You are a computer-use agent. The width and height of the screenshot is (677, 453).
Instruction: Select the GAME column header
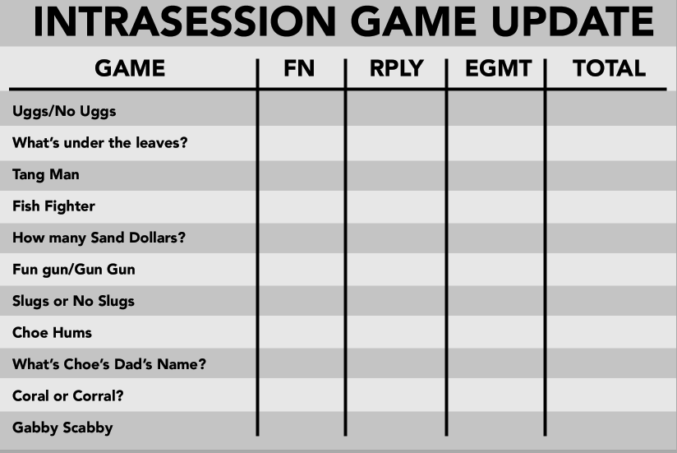[x=130, y=68]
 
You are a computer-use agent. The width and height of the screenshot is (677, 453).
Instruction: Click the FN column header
[x=299, y=68]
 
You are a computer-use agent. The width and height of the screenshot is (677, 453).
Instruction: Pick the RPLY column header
[x=396, y=68]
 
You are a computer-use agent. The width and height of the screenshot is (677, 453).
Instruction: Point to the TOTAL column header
[x=609, y=68]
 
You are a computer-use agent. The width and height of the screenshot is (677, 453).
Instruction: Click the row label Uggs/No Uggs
[x=58, y=111]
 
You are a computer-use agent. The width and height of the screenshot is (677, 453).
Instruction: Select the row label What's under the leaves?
[x=100, y=143]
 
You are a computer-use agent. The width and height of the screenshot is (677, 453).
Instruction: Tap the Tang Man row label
[x=46, y=174]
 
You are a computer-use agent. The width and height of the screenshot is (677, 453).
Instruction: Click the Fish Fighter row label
[x=53, y=206]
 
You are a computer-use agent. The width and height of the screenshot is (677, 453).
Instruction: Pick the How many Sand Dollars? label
[x=99, y=238]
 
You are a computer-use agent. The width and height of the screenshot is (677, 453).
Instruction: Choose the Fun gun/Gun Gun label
[x=74, y=270]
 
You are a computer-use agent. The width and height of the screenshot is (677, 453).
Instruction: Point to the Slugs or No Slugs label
[x=73, y=301]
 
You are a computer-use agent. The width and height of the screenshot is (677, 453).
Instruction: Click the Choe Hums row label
[x=52, y=333]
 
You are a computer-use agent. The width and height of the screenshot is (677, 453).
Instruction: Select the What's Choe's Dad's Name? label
[x=108, y=364]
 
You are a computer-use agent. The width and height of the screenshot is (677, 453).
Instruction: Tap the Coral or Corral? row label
[x=68, y=396]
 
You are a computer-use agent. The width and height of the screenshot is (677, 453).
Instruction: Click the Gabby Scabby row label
[x=62, y=428]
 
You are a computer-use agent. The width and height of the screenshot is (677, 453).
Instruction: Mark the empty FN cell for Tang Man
[x=302, y=174]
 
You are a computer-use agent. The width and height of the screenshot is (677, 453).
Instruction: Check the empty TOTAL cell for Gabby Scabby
[x=607, y=428]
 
